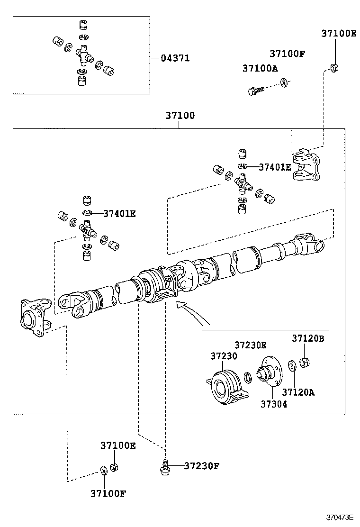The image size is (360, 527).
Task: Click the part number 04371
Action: pyautogui.click(x=175, y=58)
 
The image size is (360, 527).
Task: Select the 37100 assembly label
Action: pyautogui.click(x=180, y=115)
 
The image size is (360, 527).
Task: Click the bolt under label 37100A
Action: pyautogui.click(x=255, y=89)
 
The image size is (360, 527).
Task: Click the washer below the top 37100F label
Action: pyautogui.click(x=284, y=83)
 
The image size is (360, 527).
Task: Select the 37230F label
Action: pyautogui.click(x=202, y=465)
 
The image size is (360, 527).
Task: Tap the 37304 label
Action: pyautogui.click(x=273, y=404)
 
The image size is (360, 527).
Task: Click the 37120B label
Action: pyautogui.click(x=307, y=338)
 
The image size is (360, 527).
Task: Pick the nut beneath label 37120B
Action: pyautogui.click(x=306, y=362)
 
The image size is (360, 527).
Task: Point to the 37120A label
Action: pyautogui.click(x=298, y=392)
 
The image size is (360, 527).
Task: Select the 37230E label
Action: pyautogui.click(x=251, y=345)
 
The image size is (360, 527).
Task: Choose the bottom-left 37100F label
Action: pyautogui.click(x=108, y=493)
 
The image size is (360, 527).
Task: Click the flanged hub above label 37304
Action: pyautogui.click(x=270, y=372)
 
